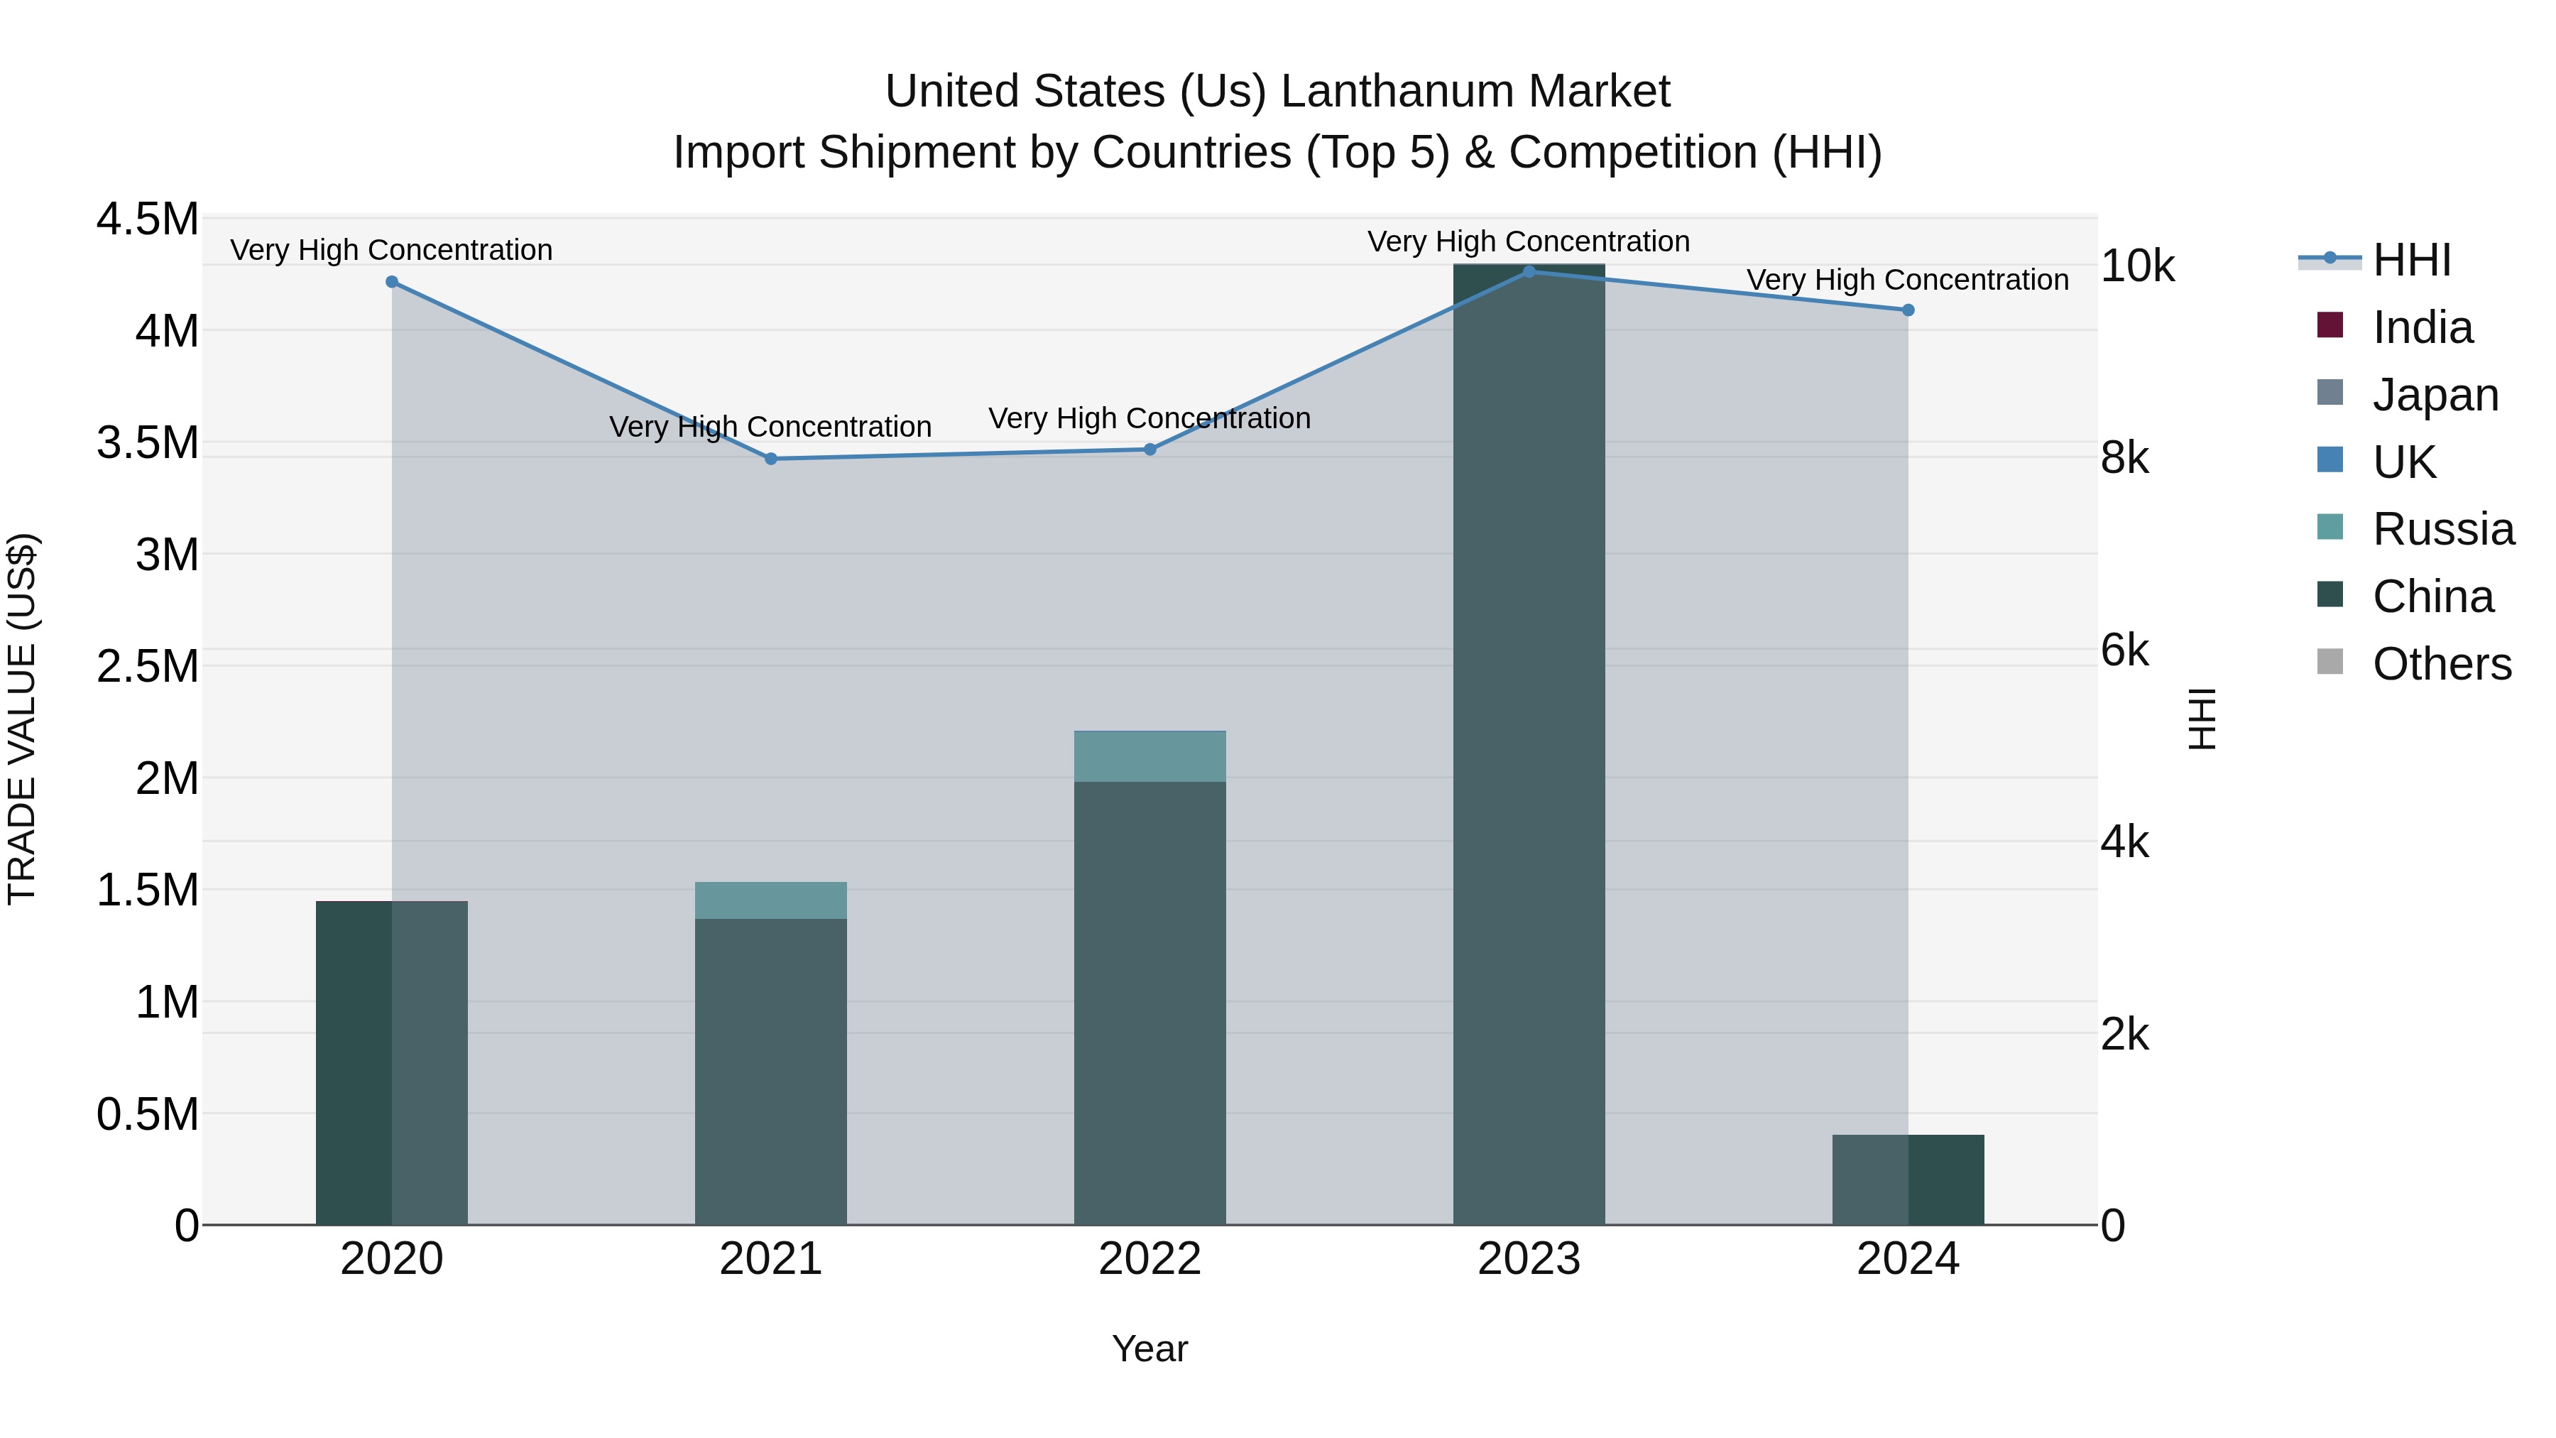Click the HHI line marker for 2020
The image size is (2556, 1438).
[392, 282]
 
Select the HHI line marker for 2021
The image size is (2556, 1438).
[771, 459]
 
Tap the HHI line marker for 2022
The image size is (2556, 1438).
[1150, 450]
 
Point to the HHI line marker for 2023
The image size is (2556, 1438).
[1529, 272]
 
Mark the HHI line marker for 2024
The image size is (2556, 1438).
[1908, 310]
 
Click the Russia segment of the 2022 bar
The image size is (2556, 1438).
[1150, 756]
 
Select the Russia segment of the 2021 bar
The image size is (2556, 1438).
[771, 900]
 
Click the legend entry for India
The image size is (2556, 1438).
[2422, 327]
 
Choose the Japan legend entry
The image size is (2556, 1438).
[2435, 395]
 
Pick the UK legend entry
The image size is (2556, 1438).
[2403, 462]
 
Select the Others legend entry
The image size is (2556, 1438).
[2441, 664]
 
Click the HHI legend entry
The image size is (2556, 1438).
[2411, 260]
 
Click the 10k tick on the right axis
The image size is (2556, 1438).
[2137, 266]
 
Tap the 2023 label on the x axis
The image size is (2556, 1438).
[1529, 1259]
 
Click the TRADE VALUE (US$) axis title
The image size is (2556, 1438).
[22, 719]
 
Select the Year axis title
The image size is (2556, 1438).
[1150, 1349]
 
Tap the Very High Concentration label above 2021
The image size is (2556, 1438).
[771, 427]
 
